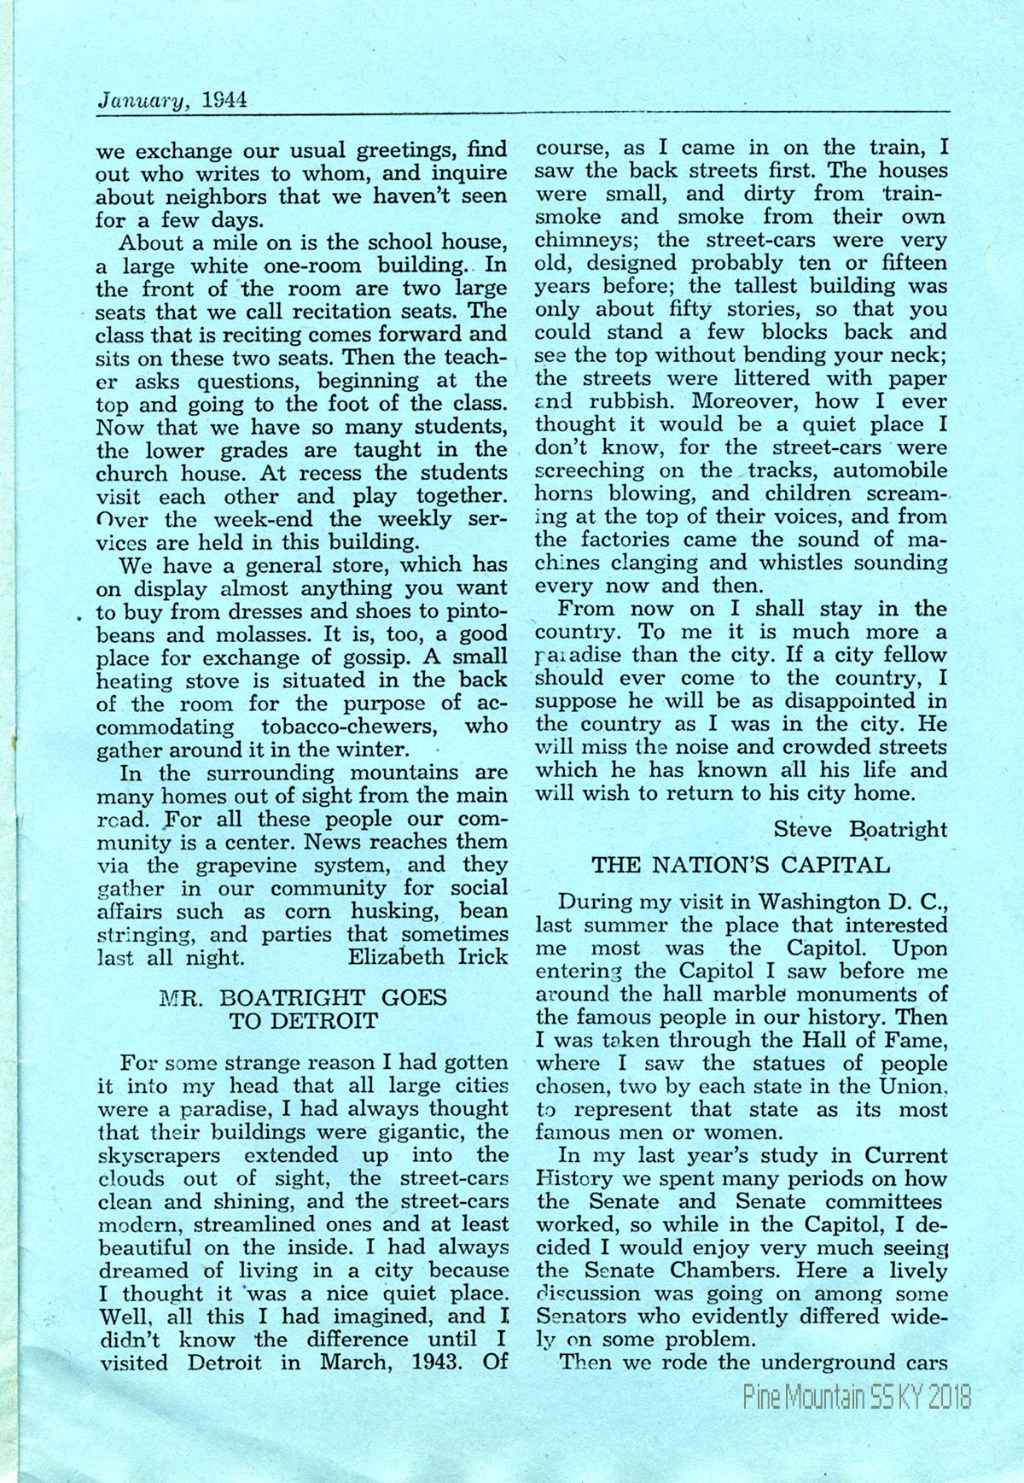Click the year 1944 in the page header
click(x=225, y=100)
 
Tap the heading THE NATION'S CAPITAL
click(x=741, y=865)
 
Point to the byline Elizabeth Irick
click(x=428, y=957)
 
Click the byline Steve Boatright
click(x=860, y=829)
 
